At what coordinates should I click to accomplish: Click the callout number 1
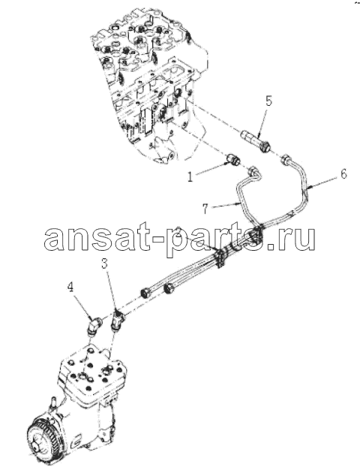point(190,176)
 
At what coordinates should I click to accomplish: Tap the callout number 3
point(104,264)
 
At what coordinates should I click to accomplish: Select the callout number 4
point(70,288)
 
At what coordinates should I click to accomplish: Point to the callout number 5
point(268,101)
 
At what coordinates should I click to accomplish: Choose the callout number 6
point(343,174)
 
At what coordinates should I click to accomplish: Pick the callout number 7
point(206,209)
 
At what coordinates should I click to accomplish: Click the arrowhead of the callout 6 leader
point(307,188)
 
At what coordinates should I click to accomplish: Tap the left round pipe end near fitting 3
point(145,294)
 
